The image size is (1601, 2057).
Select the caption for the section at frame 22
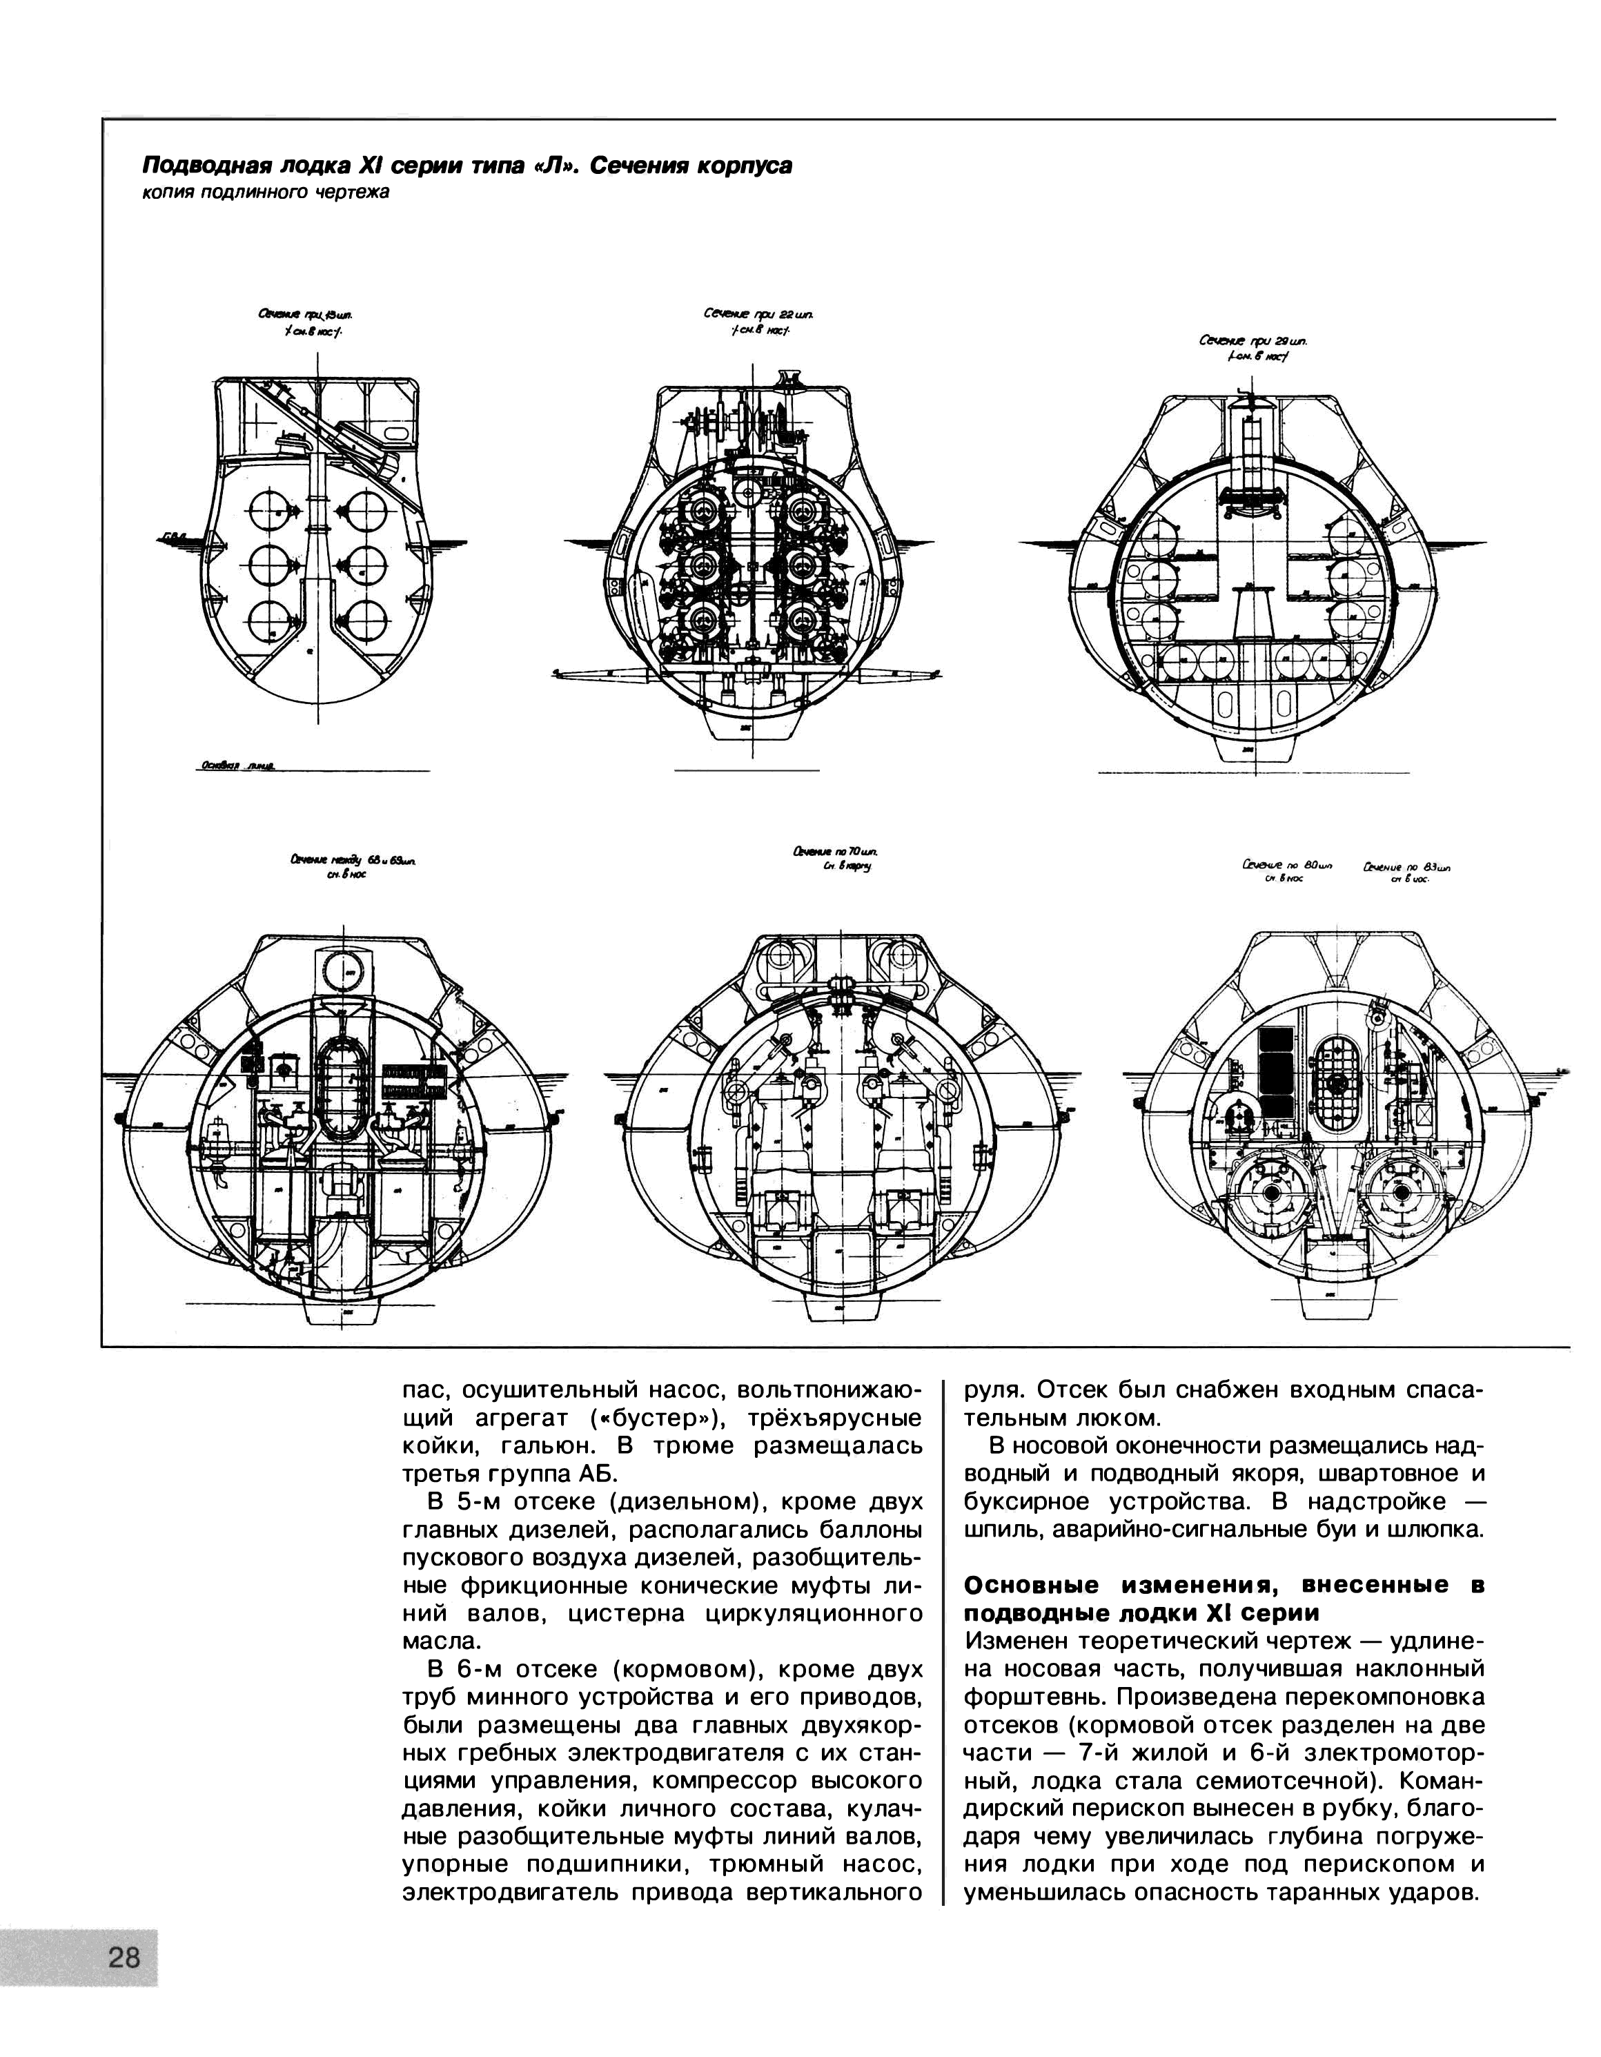759,320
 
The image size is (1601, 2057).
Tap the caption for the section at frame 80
1288,871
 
